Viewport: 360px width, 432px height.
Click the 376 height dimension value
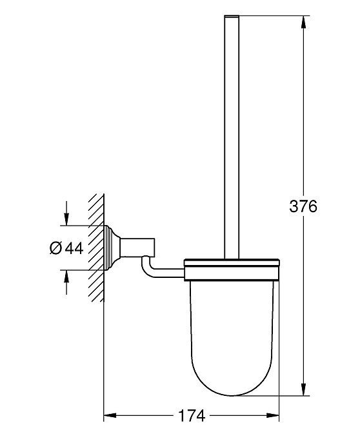pyautogui.click(x=303, y=206)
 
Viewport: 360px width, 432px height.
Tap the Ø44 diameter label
pyautogui.click(x=66, y=248)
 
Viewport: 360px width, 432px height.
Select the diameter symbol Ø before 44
pyautogui.click(x=55, y=248)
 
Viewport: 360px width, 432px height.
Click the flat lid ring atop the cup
pyautogui.click(x=232, y=262)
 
